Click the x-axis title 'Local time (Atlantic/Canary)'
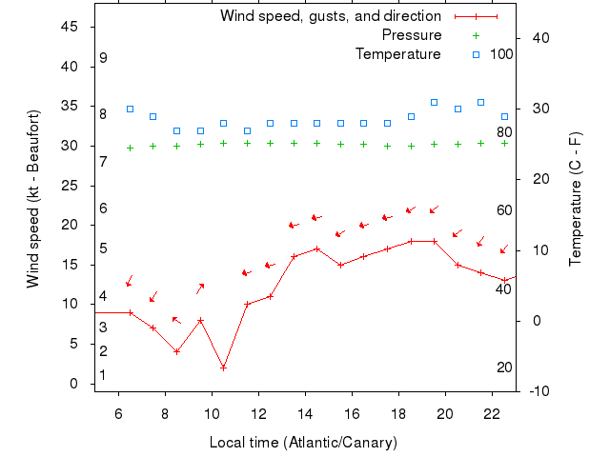click(x=303, y=443)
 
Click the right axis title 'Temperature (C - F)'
click(x=576, y=199)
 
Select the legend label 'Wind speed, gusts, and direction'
click(x=330, y=16)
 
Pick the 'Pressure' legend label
click(x=411, y=35)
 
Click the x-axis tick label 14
click(x=305, y=414)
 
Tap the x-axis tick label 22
click(x=492, y=414)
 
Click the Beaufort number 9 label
click(x=103, y=58)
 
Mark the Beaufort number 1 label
click(x=103, y=375)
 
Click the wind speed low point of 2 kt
click(x=223, y=368)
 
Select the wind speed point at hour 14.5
click(x=316, y=249)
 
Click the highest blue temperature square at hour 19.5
click(x=434, y=102)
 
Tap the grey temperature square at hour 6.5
click(x=130, y=109)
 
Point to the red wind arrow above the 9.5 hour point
click(x=200, y=288)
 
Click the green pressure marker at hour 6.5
click(x=130, y=148)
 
